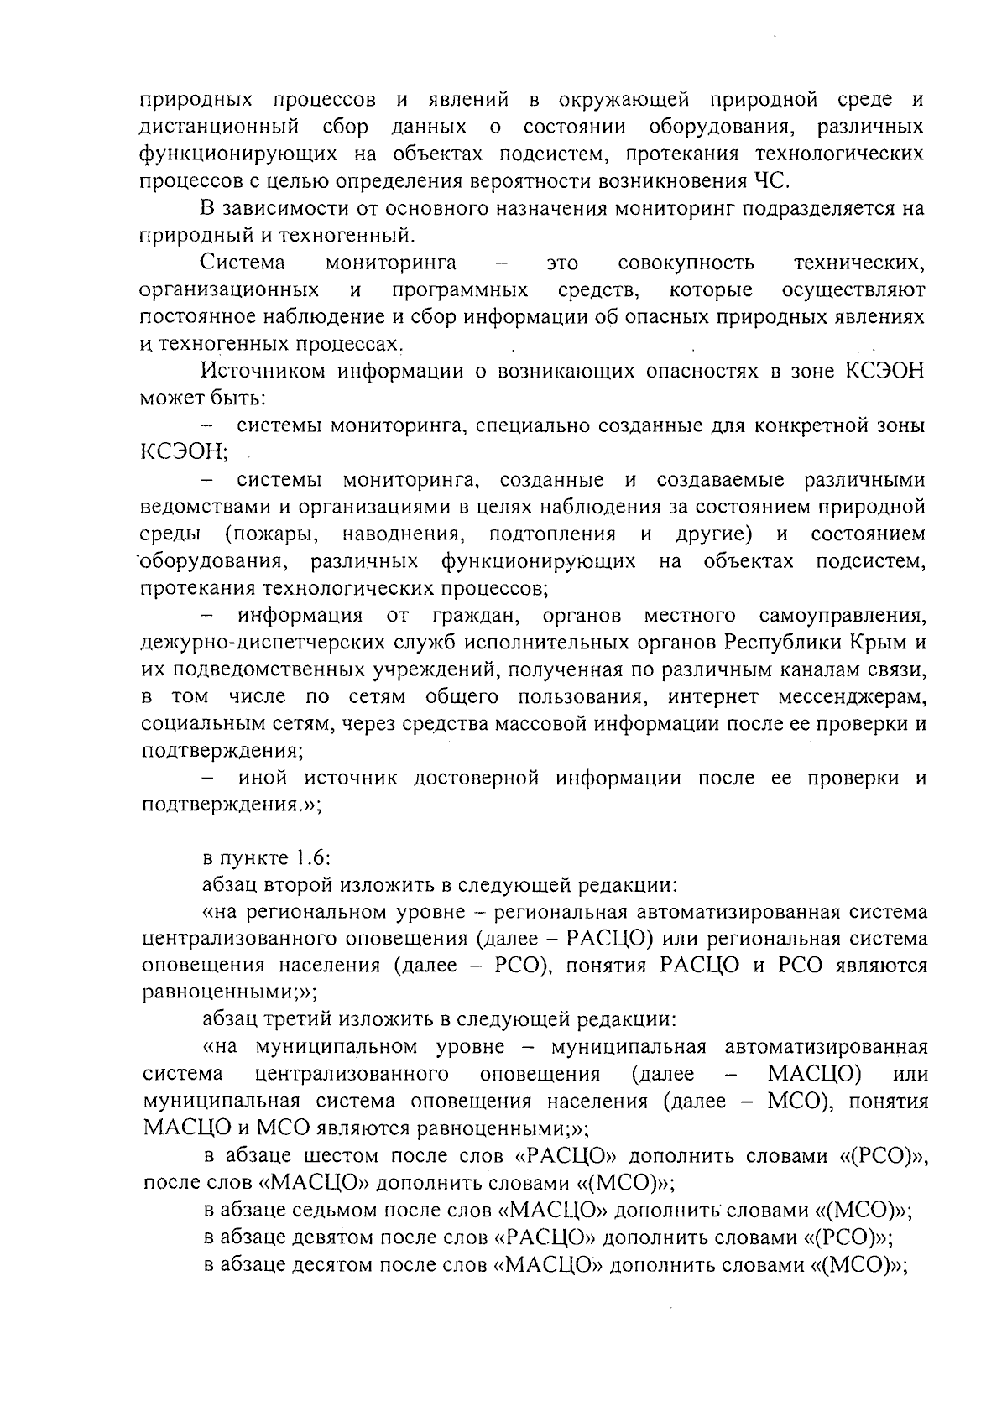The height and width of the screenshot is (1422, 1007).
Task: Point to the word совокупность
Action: tap(686, 263)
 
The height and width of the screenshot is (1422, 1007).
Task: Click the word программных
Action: tap(459, 290)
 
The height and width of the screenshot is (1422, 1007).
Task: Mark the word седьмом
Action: tap(335, 1210)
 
